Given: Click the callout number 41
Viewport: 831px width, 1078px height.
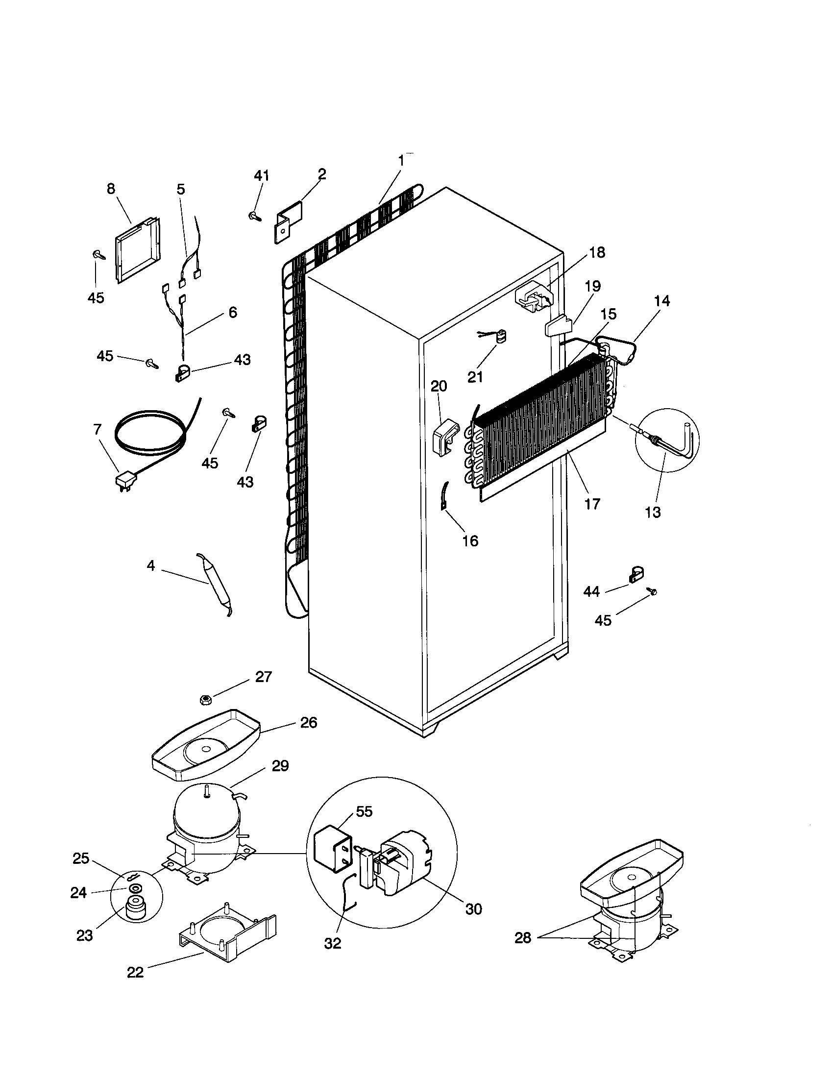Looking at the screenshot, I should click(x=262, y=176).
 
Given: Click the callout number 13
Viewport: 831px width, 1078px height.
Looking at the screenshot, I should click(x=652, y=513).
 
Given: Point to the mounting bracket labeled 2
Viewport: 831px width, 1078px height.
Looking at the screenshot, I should click(x=288, y=221).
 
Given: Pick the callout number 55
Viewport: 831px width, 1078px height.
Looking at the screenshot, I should click(x=364, y=811).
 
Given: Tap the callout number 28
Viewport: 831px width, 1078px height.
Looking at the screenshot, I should click(x=523, y=938).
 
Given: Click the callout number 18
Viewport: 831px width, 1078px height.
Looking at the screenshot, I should click(x=597, y=252).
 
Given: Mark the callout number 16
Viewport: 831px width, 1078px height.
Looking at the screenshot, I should click(x=470, y=541).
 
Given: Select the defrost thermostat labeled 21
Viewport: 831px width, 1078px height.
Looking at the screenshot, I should click(x=501, y=338).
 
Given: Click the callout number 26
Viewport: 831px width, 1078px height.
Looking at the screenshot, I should click(x=308, y=723).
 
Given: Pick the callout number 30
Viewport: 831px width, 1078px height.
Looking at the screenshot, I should click(x=473, y=909).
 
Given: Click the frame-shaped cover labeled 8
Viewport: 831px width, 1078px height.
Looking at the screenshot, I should click(x=137, y=250).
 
